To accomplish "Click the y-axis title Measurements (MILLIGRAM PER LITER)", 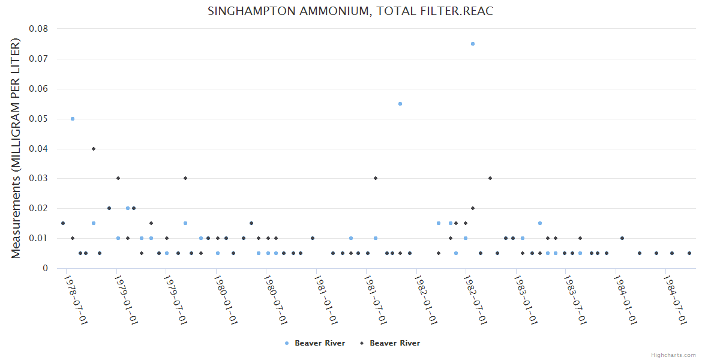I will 16,148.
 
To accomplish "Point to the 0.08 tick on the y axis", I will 38,29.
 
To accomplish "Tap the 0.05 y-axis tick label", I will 38,119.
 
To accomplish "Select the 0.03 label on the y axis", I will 38,178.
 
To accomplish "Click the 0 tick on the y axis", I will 45,268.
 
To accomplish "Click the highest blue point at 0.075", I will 473,44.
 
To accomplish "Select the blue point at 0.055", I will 400,104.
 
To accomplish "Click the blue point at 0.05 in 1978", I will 73,119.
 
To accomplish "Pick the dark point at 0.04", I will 94,148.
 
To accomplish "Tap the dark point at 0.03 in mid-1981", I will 376,178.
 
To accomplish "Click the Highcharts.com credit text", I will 673,355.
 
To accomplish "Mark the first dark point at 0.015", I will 62,223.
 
